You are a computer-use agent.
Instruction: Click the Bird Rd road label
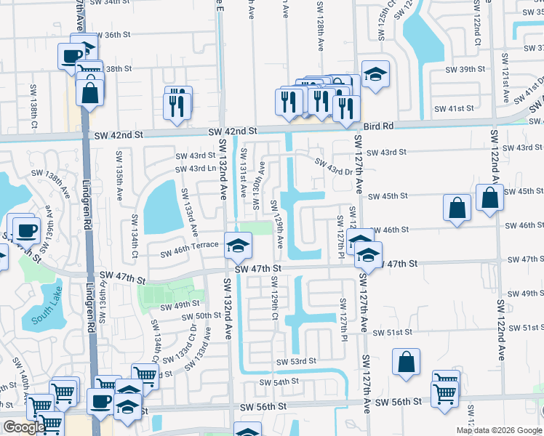378,126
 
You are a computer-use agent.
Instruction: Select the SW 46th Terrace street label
189,245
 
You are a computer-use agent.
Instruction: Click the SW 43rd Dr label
333,164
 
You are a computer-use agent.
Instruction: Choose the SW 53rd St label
296,361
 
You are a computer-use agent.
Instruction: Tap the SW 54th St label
279,381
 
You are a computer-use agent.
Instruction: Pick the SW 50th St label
202,315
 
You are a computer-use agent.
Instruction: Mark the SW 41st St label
453,108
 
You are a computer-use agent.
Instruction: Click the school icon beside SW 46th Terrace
237,245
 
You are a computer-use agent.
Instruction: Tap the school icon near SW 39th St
375,73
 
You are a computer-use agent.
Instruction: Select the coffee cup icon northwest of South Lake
26,230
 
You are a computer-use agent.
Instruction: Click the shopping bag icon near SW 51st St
406,362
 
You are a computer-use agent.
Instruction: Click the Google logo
24,427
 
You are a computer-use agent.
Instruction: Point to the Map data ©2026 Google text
499,430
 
